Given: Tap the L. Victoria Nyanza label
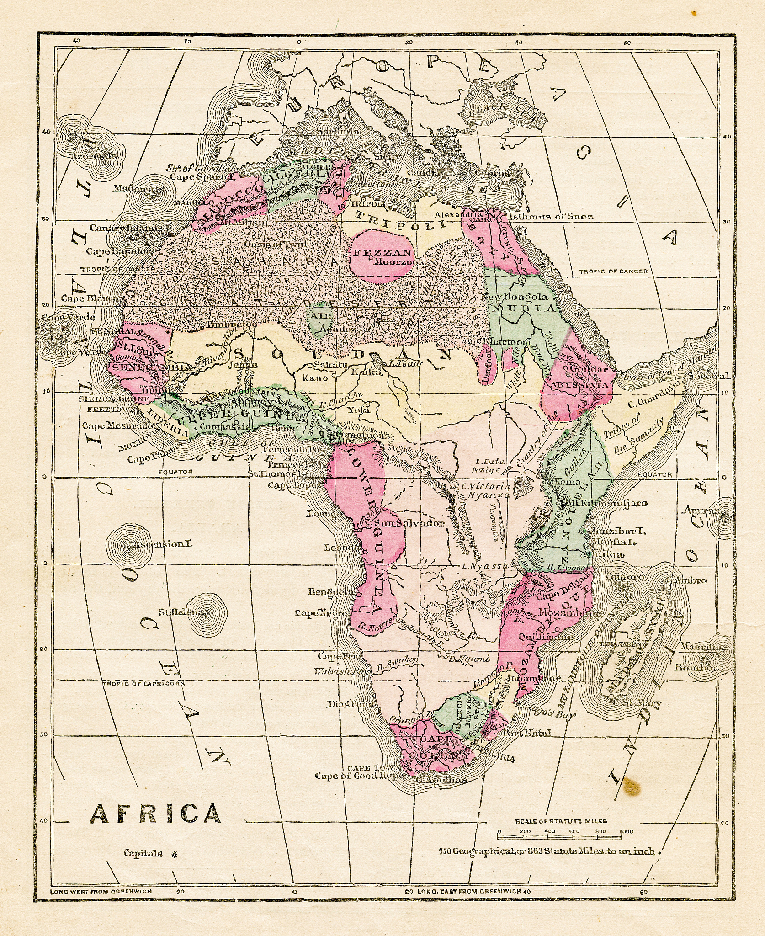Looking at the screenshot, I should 485,490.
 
